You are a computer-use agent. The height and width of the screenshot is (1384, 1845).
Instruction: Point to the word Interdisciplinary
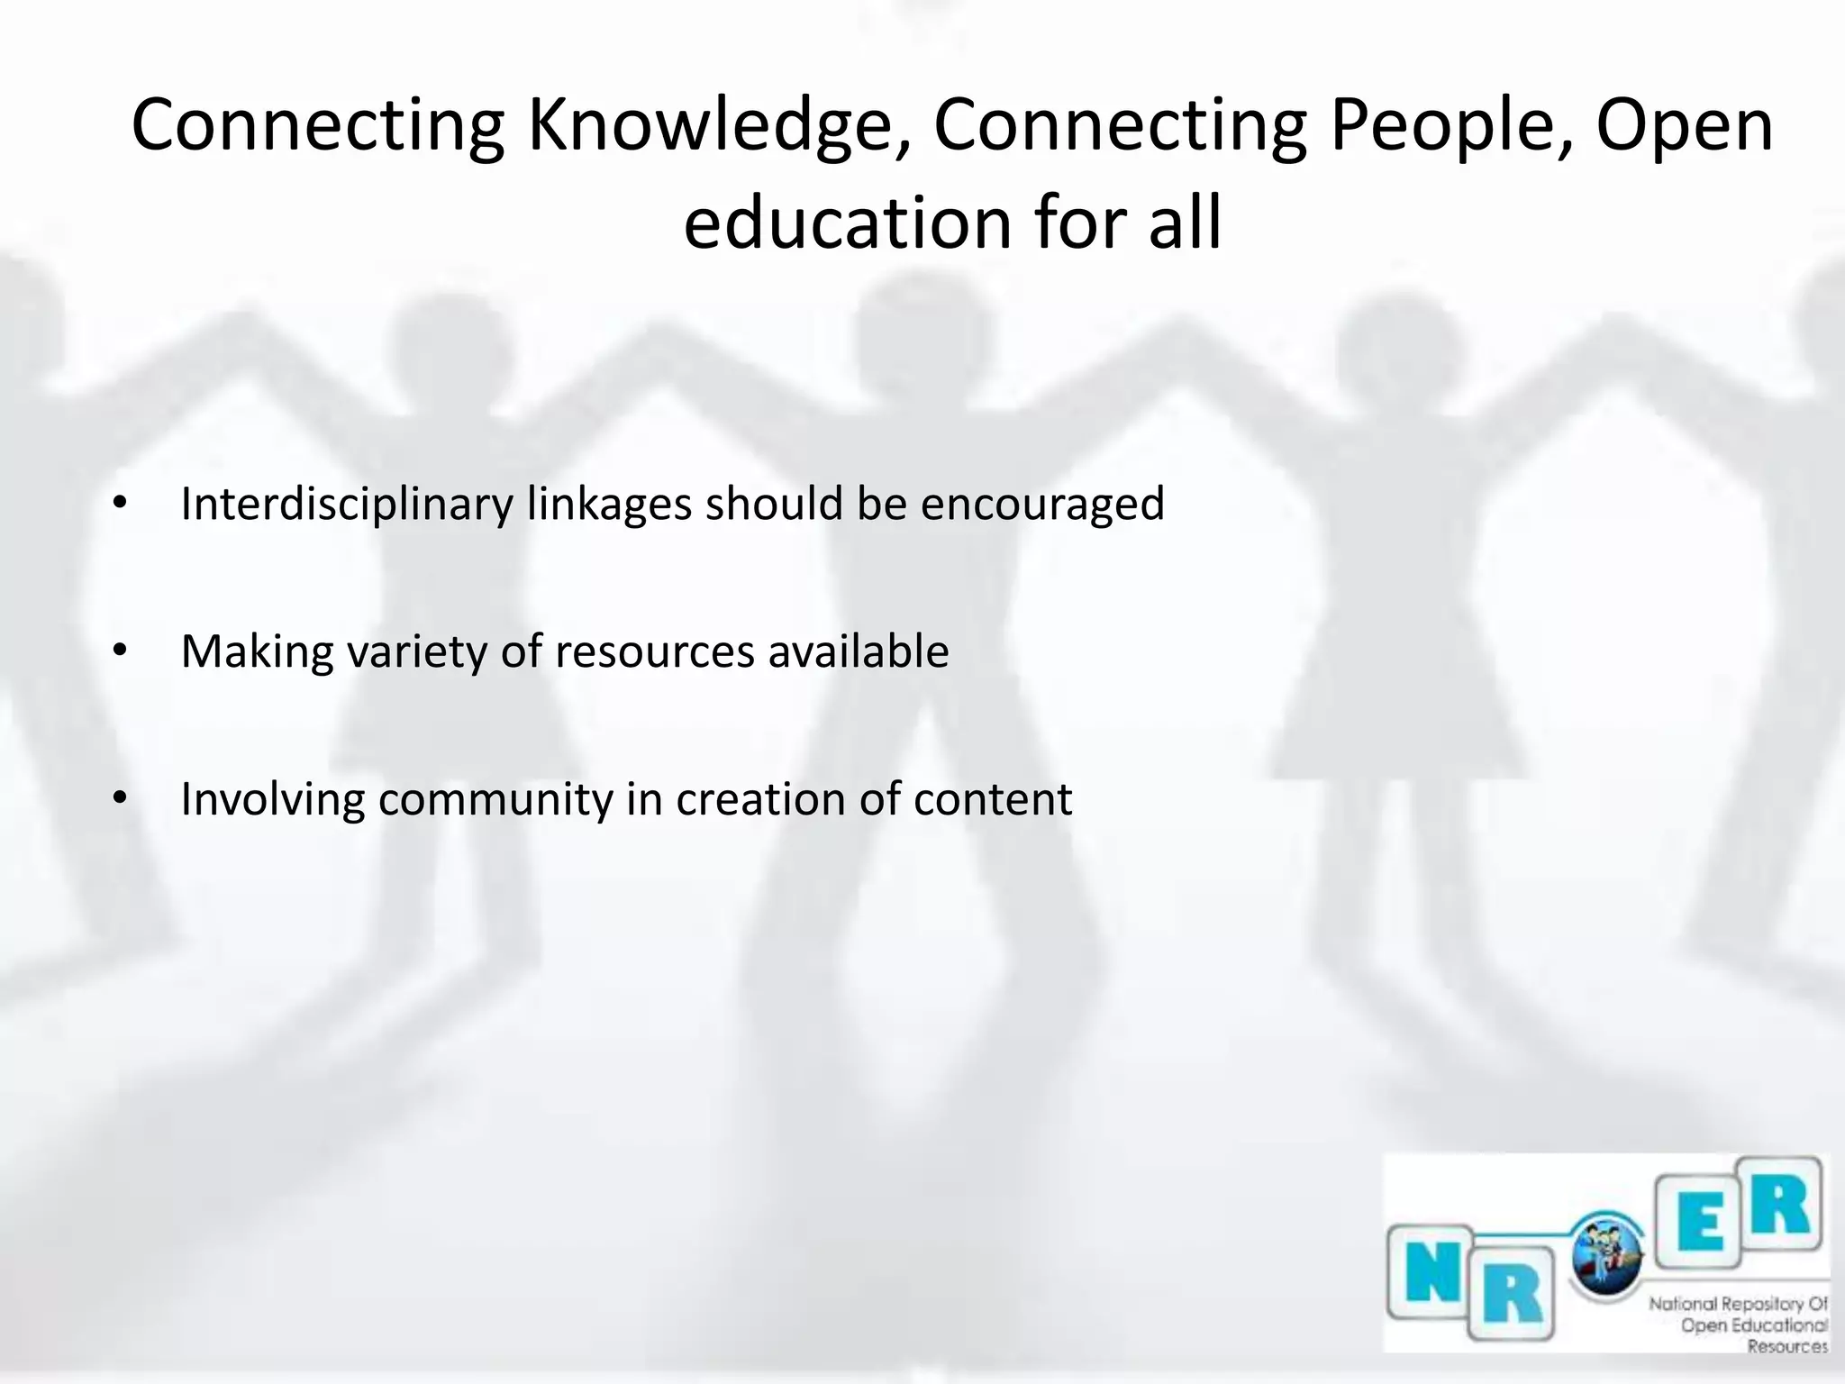(x=347, y=504)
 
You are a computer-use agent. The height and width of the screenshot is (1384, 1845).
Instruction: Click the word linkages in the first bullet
(x=610, y=504)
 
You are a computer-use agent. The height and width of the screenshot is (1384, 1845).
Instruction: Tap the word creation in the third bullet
(x=760, y=799)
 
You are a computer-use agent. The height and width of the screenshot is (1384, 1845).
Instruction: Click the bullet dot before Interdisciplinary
(x=121, y=502)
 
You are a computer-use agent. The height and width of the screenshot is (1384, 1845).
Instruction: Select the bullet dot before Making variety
(x=121, y=650)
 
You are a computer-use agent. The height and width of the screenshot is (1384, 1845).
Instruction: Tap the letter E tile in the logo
(x=1702, y=1225)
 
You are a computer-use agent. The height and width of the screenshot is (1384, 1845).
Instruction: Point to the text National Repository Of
(x=1738, y=1303)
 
